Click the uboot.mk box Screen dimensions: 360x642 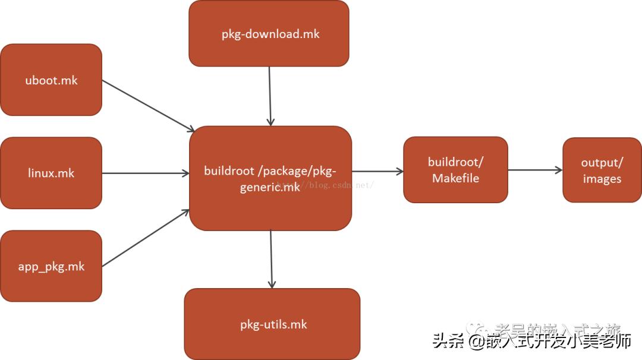51,80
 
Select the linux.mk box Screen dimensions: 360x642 51,173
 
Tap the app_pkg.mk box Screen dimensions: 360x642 51,266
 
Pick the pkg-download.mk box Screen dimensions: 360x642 269,33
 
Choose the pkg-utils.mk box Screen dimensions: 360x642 272,324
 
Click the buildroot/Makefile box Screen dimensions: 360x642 455,170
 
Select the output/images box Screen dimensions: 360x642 602,170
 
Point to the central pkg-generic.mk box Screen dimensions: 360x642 270,178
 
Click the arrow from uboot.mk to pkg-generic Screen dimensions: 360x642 148,106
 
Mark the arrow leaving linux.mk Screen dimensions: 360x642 146,173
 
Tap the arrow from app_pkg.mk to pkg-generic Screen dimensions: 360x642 146,238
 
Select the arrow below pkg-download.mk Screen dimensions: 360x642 270,95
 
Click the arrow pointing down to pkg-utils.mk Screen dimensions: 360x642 271,259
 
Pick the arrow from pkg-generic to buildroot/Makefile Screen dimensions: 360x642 377,172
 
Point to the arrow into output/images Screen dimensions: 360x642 535,170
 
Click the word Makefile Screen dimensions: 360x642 455,178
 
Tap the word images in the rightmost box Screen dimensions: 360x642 602,179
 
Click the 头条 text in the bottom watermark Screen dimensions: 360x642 448,342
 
